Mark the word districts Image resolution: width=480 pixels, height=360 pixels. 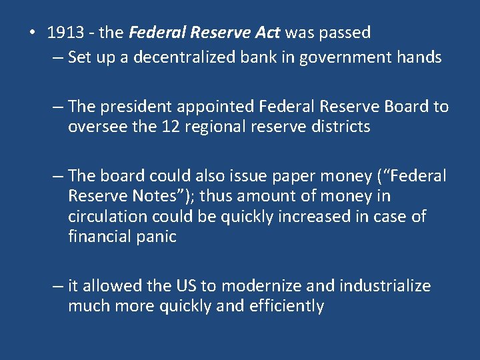pos(336,127)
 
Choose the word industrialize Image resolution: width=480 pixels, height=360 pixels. pos(385,286)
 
